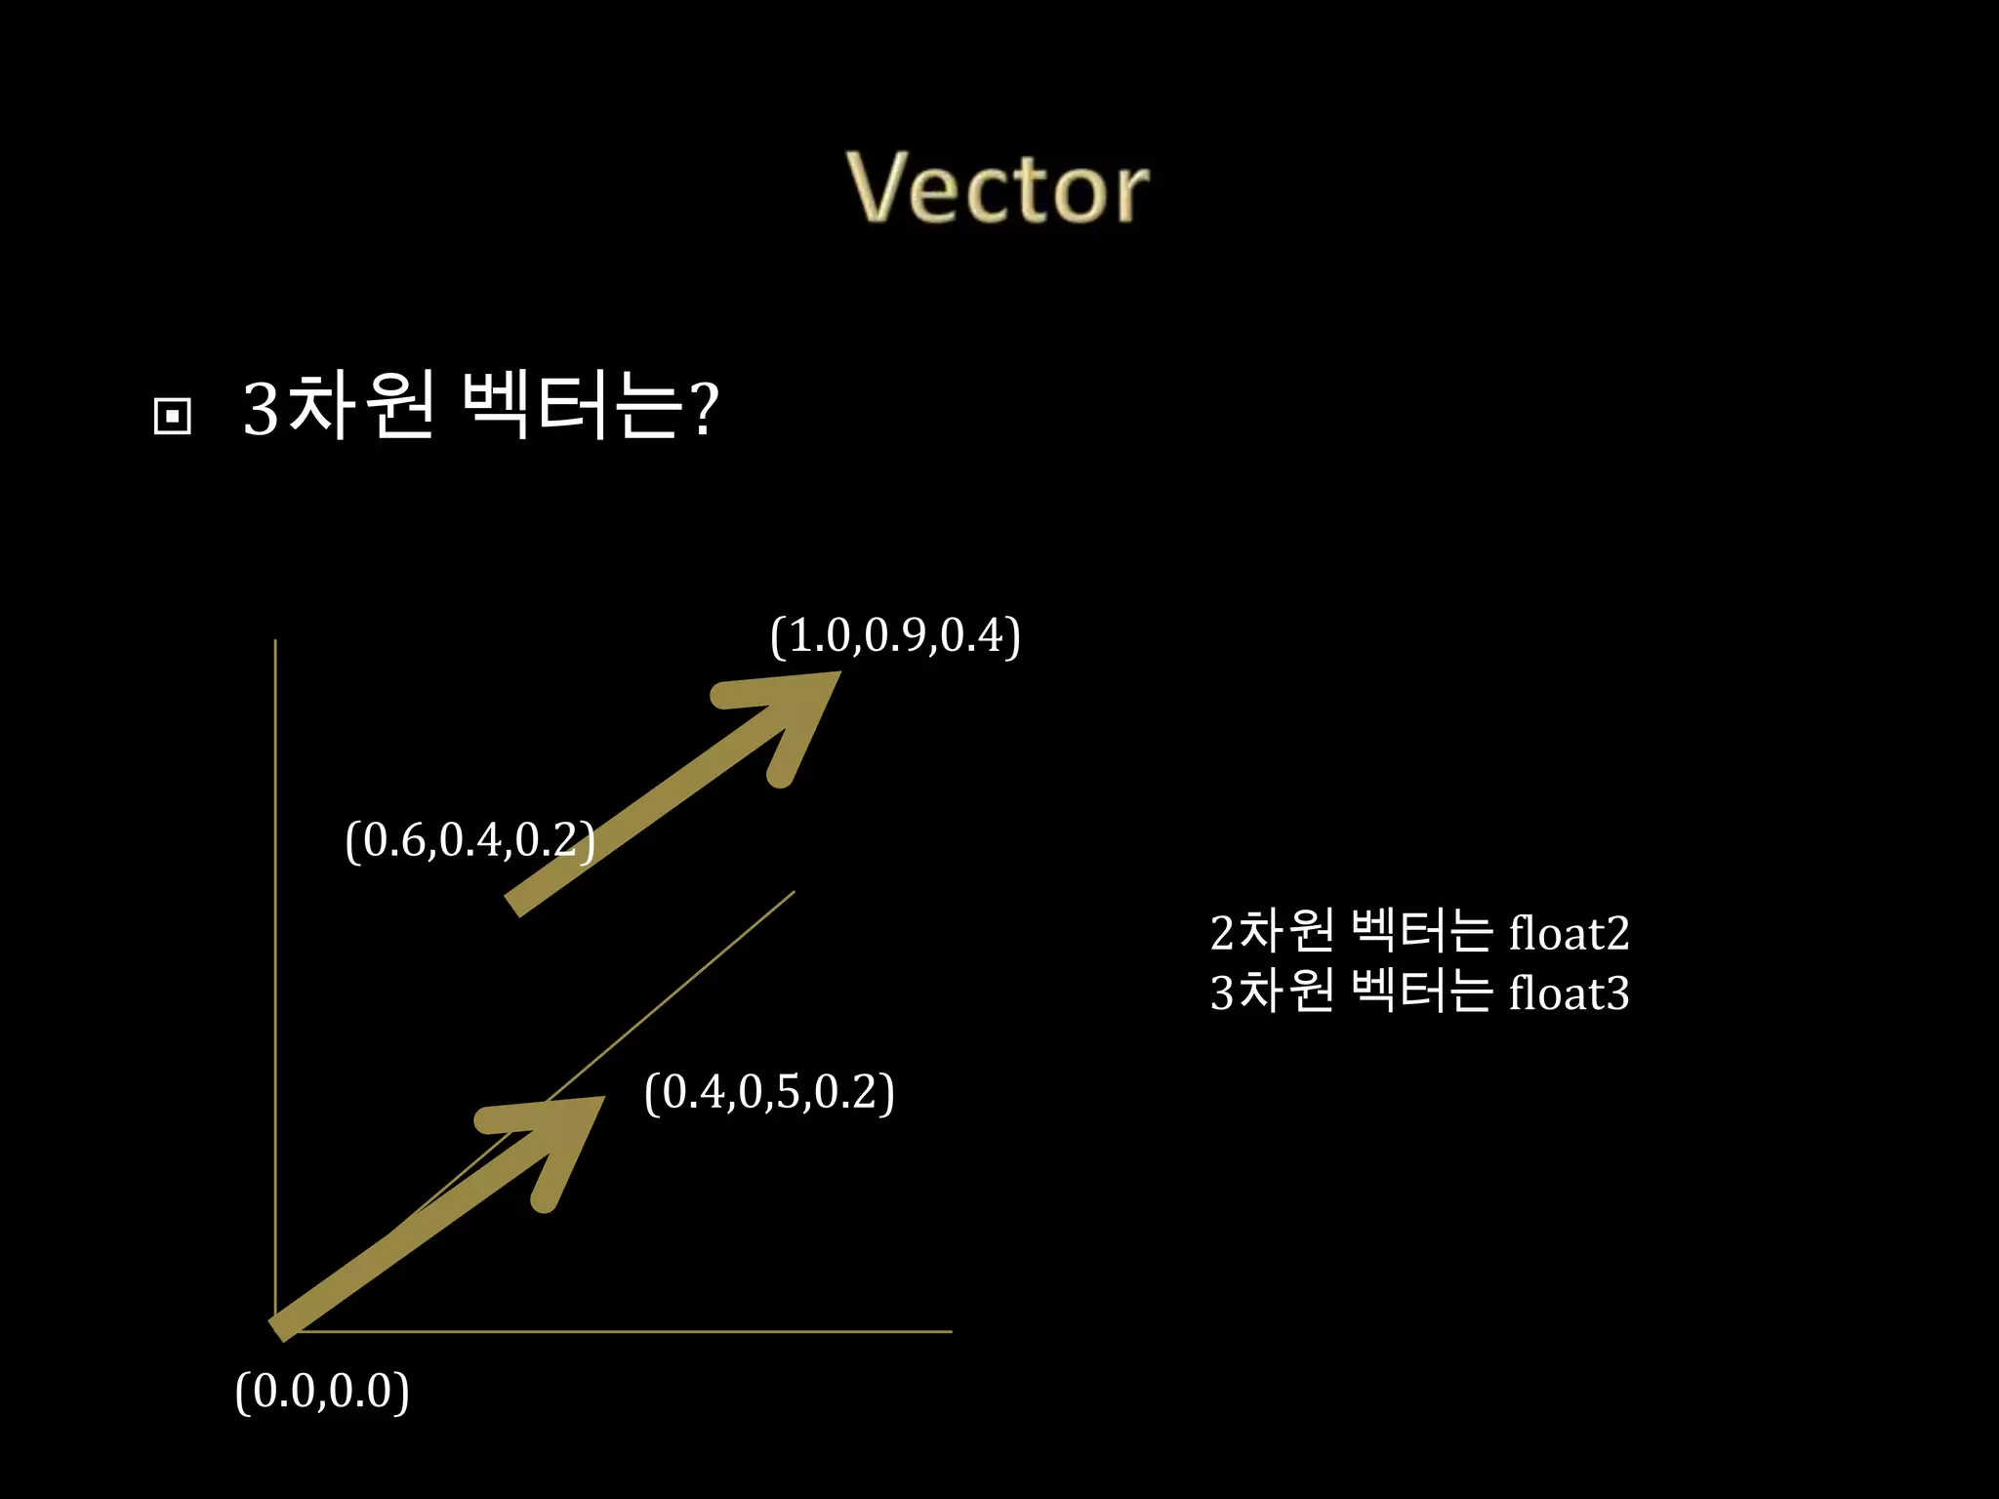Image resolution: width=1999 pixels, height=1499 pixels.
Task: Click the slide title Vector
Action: click(x=997, y=188)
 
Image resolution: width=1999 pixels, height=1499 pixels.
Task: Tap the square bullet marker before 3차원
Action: click(x=173, y=417)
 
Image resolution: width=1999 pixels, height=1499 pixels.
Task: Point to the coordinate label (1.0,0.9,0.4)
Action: click(x=895, y=636)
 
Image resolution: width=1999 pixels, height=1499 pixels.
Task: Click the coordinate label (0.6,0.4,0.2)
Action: click(x=469, y=840)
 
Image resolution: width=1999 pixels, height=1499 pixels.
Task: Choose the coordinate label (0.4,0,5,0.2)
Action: click(x=769, y=1092)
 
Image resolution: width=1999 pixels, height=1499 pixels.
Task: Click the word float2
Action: click(x=1569, y=933)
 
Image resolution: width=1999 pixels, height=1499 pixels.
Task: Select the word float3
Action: click(x=1569, y=993)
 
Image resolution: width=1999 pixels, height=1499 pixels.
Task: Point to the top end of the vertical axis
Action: click(x=275, y=642)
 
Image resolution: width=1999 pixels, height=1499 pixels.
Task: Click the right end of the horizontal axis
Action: click(x=950, y=1331)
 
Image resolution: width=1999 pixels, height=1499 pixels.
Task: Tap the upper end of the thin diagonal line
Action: click(x=793, y=892)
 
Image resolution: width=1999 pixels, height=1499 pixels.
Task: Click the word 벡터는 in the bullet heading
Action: click(x=570, y=407)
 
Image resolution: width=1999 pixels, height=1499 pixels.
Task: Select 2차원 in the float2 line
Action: click(x=1271, y=932)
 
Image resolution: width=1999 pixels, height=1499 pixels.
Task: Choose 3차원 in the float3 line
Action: click(x=1271, y=993)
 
